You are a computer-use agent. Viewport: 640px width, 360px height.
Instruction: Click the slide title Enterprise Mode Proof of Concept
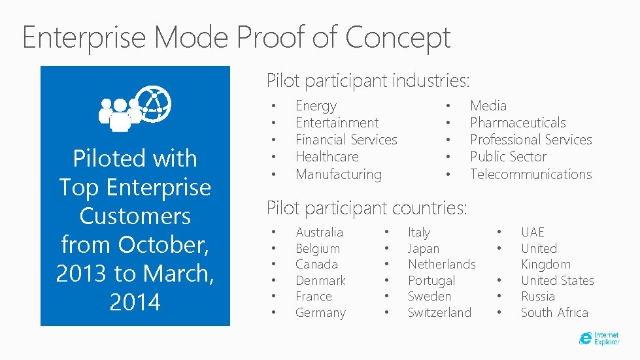coord(236,37)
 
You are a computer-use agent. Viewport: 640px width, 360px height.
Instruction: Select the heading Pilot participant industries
coord(368,81)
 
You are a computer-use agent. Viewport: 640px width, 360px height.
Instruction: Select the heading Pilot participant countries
coord(367,208)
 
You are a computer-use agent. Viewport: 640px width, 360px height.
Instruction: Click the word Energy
coord(316,106)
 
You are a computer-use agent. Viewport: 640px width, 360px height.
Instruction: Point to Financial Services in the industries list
coord(346,140)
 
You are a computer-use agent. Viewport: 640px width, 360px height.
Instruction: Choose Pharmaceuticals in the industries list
coord(518,123)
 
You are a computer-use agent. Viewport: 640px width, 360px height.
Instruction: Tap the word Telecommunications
coord(530,174)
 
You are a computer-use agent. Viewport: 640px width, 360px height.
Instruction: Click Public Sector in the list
coord(508,157)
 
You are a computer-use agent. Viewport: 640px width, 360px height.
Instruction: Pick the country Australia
coord(319,233)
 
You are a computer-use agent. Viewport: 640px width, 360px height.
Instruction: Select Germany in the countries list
coord(320,313)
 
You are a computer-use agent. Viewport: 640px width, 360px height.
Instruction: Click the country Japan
coord(424,249)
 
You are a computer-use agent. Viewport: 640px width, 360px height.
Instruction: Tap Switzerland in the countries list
coord(439,313)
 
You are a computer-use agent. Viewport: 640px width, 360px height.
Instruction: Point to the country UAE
coord(532,233)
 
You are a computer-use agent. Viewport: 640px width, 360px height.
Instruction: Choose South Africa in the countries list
coord(554,313)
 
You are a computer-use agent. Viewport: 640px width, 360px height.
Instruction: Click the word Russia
coord(537,297)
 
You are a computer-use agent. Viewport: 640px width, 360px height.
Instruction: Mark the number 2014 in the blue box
coord(135,303)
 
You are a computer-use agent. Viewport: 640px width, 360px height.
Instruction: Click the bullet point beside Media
coord(448,106)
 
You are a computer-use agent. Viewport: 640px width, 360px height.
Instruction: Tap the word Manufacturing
coord(338,174)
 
